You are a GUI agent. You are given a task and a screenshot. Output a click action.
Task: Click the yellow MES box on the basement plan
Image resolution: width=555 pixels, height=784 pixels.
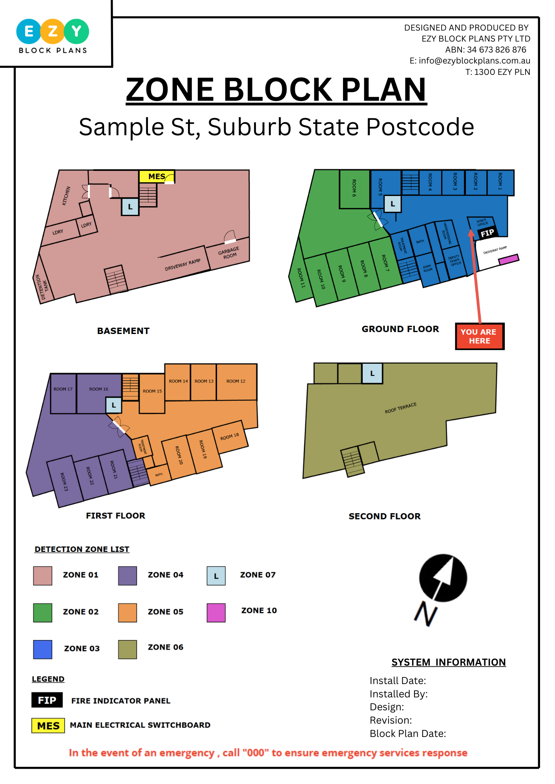[157, 176]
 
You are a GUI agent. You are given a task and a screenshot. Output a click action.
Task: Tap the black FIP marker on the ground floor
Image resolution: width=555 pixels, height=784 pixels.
[487, 233]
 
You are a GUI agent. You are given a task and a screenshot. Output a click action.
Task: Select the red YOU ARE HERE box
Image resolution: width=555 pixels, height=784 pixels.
[479, 336]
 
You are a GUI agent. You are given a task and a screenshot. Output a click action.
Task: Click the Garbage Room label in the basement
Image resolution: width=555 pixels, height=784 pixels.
[229, 253]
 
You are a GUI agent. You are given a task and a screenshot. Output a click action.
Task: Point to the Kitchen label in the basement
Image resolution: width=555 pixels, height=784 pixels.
[66, 196]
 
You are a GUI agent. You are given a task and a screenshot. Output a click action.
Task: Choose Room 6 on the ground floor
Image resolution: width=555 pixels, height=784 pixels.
[354, 188]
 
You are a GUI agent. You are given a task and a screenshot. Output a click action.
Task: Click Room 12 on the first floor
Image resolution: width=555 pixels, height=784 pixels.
[236, 381]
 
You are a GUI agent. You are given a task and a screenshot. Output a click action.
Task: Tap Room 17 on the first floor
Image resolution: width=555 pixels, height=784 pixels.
[63, 389]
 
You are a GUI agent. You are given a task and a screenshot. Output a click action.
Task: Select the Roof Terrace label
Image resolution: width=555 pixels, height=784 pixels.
[400, 408]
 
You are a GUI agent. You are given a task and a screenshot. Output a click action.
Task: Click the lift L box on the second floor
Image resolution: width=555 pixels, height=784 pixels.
[372, 374]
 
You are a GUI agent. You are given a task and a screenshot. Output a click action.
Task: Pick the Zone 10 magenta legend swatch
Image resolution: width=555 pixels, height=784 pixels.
[216, 612]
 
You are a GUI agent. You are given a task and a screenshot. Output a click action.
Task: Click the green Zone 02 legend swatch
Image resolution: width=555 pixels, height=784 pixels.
[42, 612]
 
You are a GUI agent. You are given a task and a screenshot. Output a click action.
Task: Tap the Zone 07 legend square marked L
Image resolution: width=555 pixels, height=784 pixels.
[216, 576]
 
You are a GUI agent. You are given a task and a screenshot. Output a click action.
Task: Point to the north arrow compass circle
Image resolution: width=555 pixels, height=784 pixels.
[443, 578]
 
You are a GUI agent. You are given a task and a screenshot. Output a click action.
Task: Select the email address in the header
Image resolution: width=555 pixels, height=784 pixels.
[470, 61]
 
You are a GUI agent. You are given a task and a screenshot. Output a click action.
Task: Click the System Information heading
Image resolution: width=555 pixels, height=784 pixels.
[448, 662]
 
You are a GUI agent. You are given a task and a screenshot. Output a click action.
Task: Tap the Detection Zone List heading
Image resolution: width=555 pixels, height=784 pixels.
[82, 549]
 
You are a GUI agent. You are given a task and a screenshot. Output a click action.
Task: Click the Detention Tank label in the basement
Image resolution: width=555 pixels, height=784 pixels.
[42, 287]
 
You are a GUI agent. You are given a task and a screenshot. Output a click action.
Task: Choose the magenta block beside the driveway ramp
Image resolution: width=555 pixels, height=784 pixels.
[509, 259]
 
